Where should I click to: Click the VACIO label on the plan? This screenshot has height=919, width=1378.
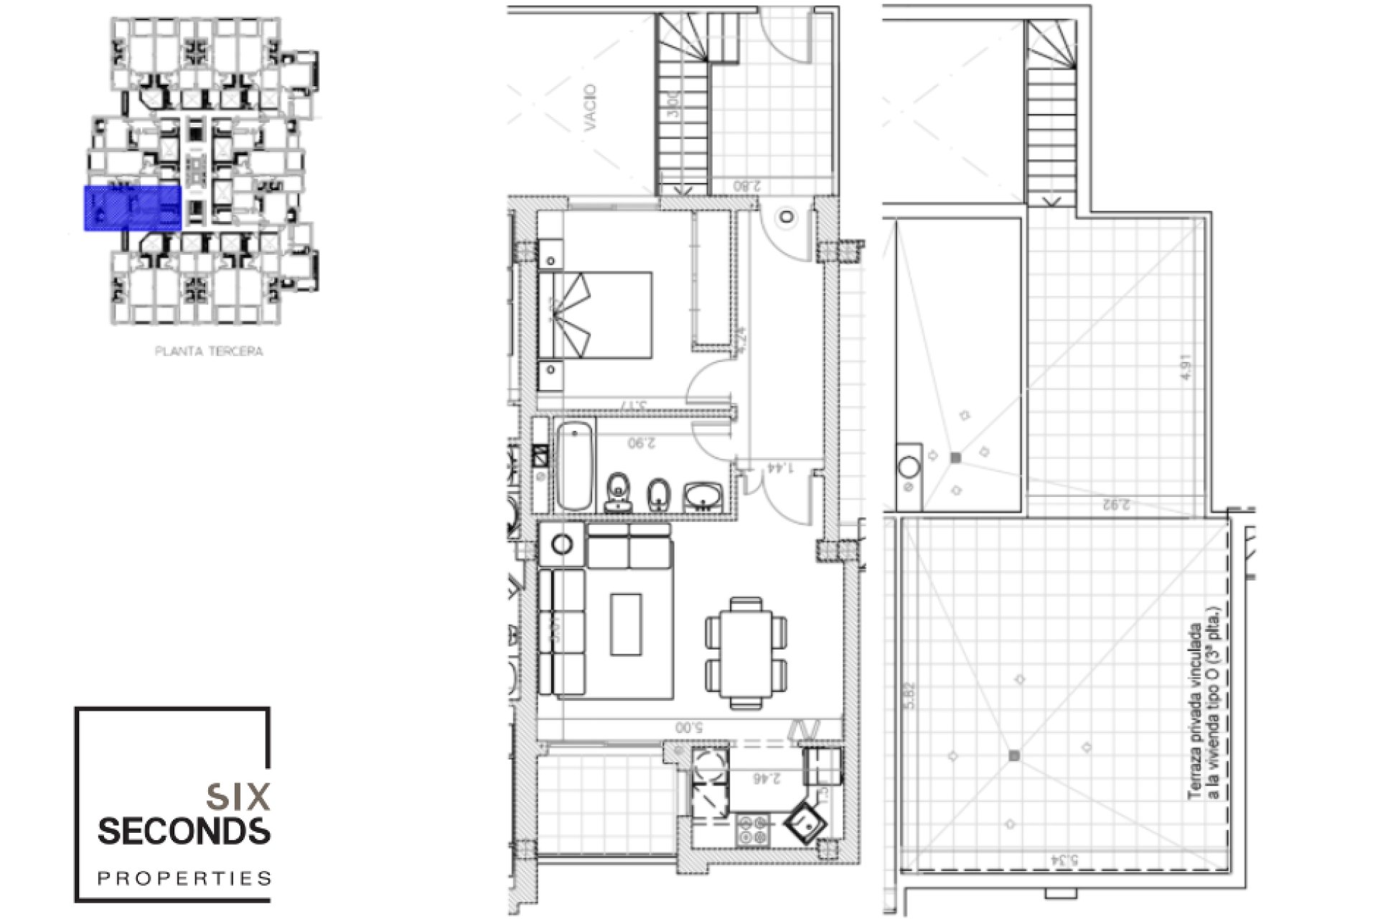(x=590, y=108)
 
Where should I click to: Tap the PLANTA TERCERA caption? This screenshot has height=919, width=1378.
(x=209, y=351)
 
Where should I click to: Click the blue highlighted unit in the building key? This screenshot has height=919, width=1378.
(x=133, y=208)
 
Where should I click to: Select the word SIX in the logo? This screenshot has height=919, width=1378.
(x=238, y=796)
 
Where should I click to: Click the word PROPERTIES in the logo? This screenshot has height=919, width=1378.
(x=184, y=878)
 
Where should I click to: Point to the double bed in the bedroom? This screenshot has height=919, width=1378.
(x=596, y=315)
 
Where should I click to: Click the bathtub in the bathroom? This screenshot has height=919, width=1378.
(x=575, y=465)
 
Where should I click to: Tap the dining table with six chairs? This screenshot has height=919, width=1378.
(x=746, y=653)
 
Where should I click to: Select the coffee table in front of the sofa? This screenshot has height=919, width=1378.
(x=626, y=624)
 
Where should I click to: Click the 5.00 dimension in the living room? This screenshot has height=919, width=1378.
(x=688, y=727)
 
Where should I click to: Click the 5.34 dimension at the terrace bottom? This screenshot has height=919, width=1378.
(x=1064, y=859)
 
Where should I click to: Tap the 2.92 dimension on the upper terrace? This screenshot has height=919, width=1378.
(x=1116, y=504)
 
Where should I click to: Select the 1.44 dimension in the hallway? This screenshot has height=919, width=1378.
(x=780, y=467)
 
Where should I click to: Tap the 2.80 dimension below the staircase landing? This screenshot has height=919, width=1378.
(x=746, y=186)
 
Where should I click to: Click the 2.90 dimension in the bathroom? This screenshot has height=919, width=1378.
(x=642, y=443)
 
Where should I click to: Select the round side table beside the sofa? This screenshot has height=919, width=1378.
(x=562, y=544)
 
